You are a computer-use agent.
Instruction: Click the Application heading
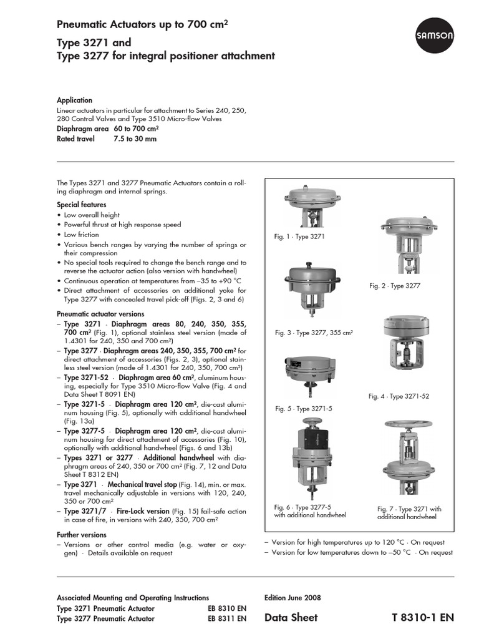[x=74, y=100]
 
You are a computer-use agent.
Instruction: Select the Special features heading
[x=81, y=205]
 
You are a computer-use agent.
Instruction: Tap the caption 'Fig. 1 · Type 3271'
[x=299, y=237]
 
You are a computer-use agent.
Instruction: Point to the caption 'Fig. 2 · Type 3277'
[x=395, y=285]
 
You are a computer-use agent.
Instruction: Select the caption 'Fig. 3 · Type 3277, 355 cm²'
[x=314, y=333]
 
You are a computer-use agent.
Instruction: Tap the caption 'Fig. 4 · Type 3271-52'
[x=399, y=396]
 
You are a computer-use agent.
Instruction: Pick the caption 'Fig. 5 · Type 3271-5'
[x=303, y=409]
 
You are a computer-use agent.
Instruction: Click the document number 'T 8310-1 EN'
[x=423, y=618]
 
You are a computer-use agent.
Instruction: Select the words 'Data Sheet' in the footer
[x=291, y=618]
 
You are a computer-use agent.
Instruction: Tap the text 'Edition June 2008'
[x=293, y=597]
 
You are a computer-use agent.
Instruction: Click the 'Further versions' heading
[x=82, y=535]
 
